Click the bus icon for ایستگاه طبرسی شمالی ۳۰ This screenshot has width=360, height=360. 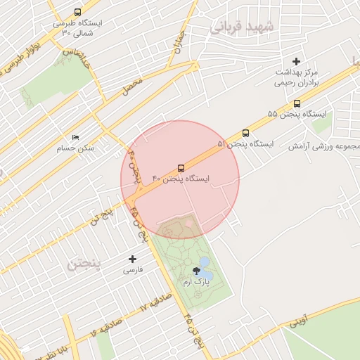pos(77,12)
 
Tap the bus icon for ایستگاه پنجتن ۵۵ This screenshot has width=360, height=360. pos(297,103)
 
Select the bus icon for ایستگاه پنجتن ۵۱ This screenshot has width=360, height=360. pos(245,132)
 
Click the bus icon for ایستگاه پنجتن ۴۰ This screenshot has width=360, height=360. pos(181,168)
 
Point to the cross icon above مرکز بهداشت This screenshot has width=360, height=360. pos(296,62)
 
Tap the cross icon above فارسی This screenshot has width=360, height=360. pos(132,259)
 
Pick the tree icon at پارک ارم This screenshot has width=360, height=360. pos(195,271)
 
